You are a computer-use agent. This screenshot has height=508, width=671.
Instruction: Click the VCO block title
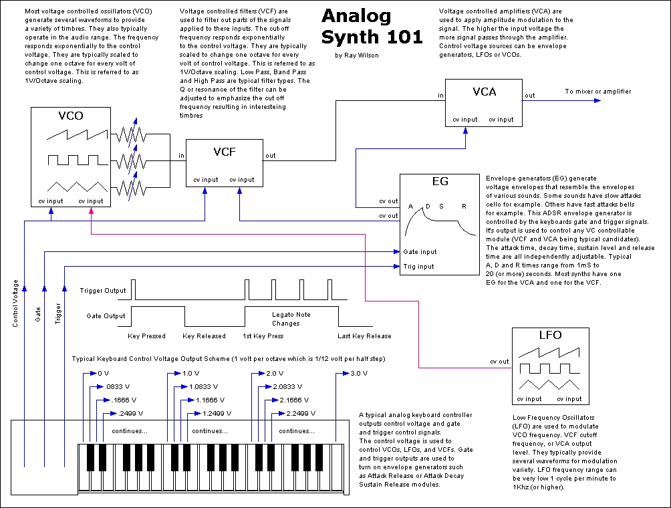(x=70, y=116)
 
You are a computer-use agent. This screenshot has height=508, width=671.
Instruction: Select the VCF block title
(x=224, y=152)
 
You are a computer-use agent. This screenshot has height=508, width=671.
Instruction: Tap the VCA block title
(x=484, y=91)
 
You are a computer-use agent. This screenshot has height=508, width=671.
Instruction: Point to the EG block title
(x=440, y=182)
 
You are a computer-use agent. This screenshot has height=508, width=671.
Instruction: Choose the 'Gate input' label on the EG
(x=420, y=252)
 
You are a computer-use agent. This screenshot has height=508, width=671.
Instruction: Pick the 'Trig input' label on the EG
(x=418, y=267)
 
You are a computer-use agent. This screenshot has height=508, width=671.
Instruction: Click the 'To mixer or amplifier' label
(x=597, y=92)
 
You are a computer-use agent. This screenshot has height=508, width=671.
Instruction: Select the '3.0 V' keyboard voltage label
(x=359, y=374)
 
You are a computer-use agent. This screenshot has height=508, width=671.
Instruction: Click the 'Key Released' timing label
(x=205, y=336)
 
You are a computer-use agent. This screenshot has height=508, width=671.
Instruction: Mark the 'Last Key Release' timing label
(x=365, y=336)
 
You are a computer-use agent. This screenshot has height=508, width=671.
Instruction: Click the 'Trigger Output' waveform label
(x=103, y=291)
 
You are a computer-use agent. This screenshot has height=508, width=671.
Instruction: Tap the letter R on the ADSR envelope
(x=464, y=206)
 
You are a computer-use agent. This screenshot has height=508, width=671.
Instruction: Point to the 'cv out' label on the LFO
(x=499, y=362)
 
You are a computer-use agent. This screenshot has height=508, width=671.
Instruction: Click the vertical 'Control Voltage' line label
(x=15, y=303)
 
